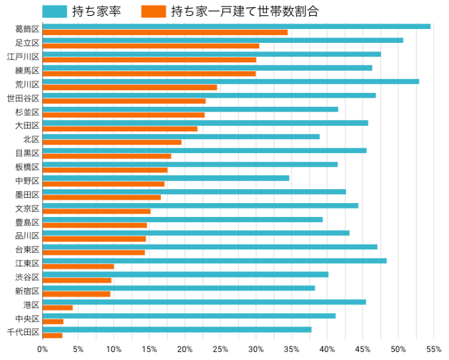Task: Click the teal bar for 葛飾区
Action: (236, 26)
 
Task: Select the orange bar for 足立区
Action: (151, 46)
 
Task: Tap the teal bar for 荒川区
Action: (231, 82)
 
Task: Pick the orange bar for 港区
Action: (57, 308)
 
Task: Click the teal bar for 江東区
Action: (214, 261)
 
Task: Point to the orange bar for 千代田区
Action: (53, 336)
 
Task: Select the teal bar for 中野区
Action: (165, 178)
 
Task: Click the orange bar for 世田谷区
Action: (124, 102)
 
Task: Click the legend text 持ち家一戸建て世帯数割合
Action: (244, 11)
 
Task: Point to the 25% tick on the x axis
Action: (220, 349)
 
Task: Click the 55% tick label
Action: (433, 349)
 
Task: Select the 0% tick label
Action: (43, 349)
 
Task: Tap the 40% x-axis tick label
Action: (327, 349)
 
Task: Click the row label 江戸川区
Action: (24, 57)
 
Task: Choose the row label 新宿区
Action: (27, 291)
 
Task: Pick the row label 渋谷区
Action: (27, 277)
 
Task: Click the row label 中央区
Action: (27, 318)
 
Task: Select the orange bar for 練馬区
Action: (149, 74)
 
